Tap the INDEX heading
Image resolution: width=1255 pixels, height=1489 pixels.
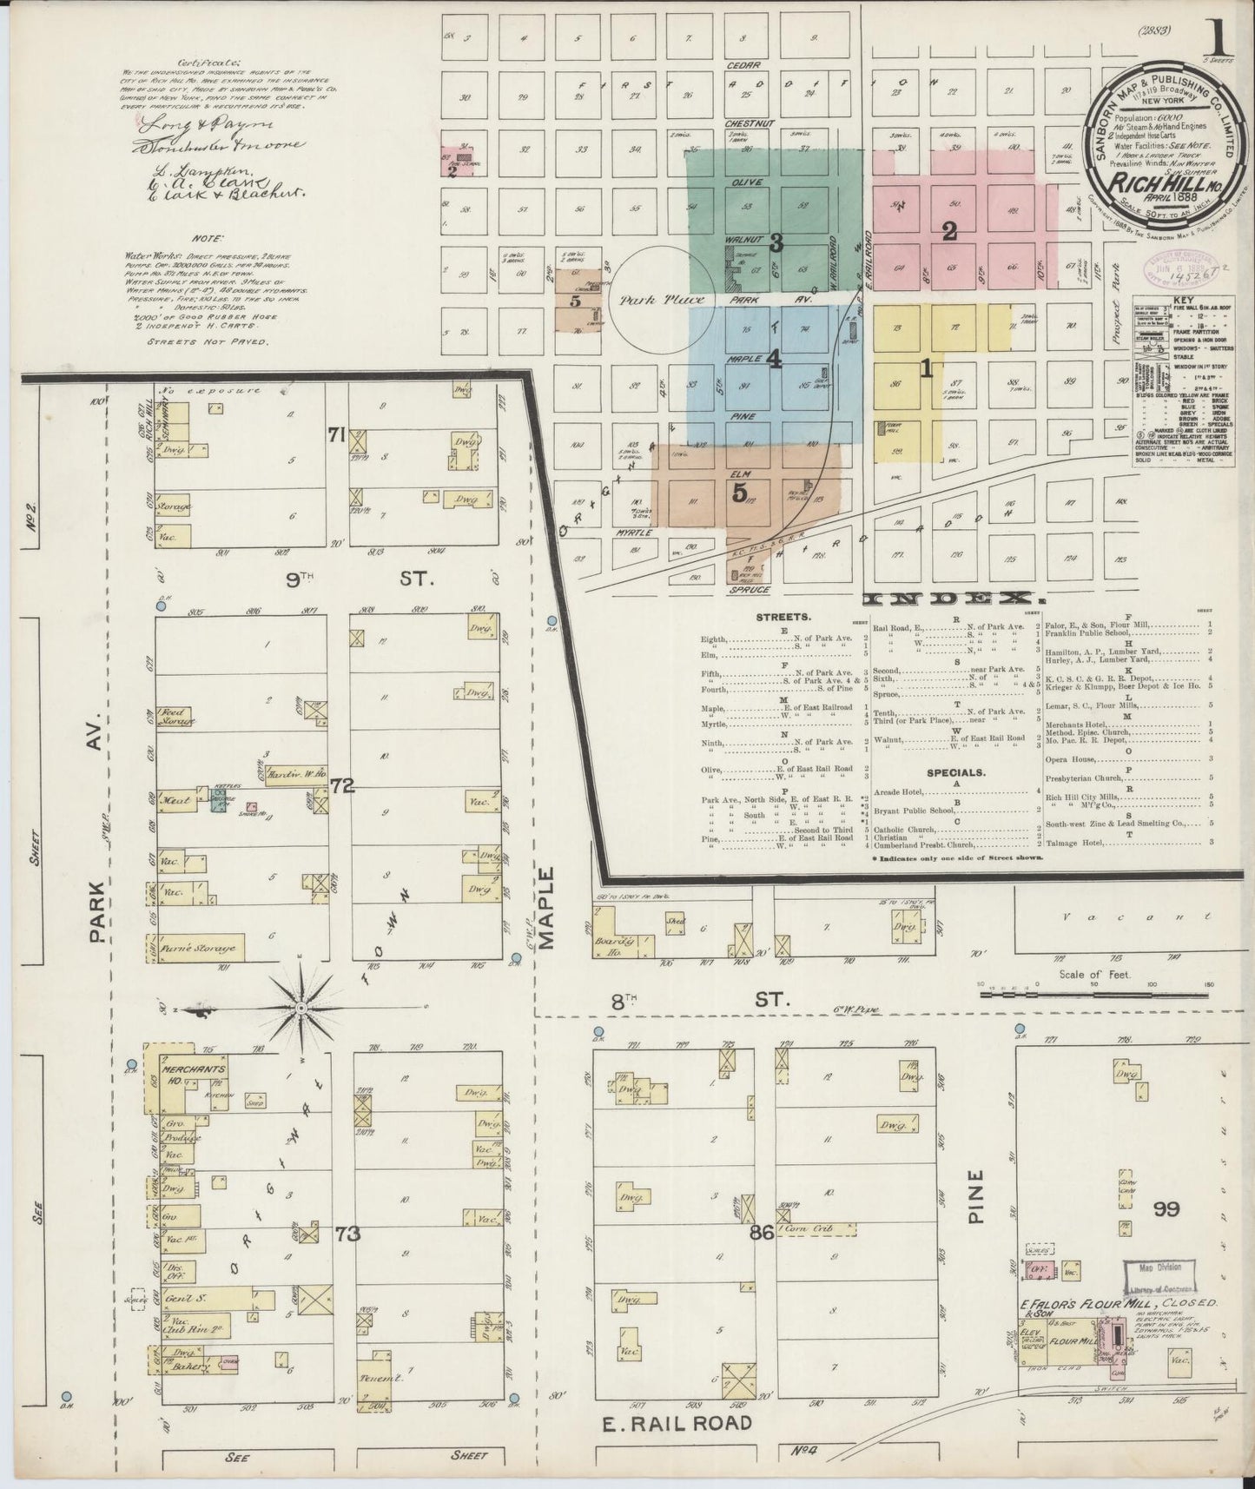click(951, 599)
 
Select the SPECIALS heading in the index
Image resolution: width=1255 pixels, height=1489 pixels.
click(954, 771)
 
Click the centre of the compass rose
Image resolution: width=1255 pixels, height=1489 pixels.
click(299, 1007)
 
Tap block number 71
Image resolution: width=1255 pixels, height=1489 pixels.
click(337, 434)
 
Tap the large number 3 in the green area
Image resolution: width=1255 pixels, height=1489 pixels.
click(776, 243)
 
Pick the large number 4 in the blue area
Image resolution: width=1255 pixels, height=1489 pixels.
click(773, 358)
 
